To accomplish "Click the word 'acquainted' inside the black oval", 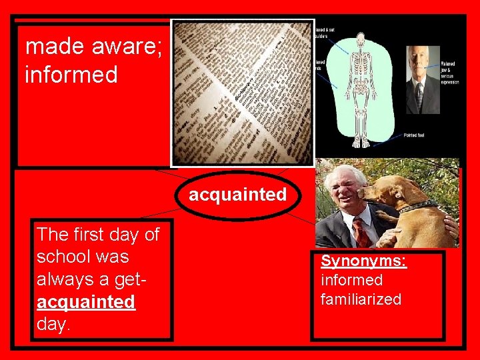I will point(237,195).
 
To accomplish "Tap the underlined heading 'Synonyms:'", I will point(363,261).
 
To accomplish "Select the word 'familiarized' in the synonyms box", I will point(361,299).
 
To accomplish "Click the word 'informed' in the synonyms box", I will point(351,280).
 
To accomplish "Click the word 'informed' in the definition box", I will point(71,74).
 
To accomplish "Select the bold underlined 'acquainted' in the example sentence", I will point(86,302).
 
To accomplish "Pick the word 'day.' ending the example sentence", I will point(54,325).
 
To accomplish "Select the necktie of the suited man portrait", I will point(419,93).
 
